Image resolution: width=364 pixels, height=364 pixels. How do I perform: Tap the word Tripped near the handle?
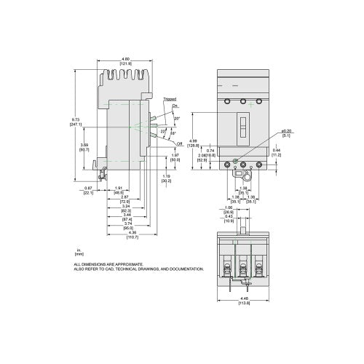tap(169, 98)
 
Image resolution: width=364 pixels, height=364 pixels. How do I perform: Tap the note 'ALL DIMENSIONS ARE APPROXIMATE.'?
tap(106, 264)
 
